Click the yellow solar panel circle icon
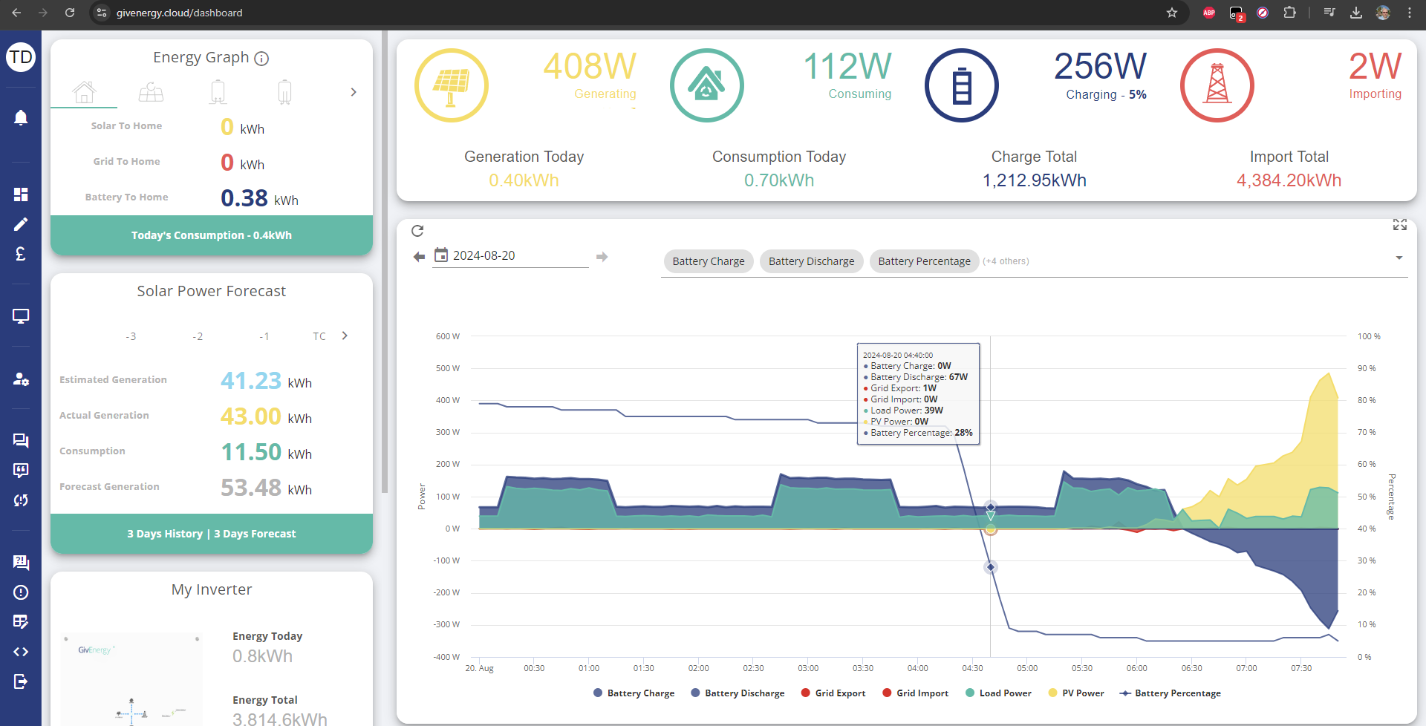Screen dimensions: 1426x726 click(x=451, y=85)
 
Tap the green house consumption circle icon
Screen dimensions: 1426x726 click(x=706, y=85)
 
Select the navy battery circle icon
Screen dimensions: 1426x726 click(x=961, y=85)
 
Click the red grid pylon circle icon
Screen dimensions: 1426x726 click(x=1217, y=85)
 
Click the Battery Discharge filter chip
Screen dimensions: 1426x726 click(x=811, y=261)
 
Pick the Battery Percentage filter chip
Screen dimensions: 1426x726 click(x=924, y=261)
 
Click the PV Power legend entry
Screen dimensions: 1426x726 click(x=1076, y=693)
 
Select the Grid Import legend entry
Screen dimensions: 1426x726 click(x=915, y=693)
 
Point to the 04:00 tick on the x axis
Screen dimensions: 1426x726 click(x=918, y=668)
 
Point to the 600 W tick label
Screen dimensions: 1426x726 click(x=448, y=336)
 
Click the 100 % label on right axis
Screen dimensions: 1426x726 click(x=1369, y=336)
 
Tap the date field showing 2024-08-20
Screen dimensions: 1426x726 click(x=512, y=255)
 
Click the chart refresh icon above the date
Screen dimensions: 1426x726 click(x=417, y=231)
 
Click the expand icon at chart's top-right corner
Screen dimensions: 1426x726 click(x=1400, y=225)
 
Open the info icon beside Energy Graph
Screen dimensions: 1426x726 click(x=261, y=59)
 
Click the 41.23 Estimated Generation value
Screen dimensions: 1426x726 click(x=251, y=381)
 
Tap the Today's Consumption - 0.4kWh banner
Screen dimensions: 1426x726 click(x=212, y=235)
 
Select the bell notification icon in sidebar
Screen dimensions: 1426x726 click(x=21, y=117)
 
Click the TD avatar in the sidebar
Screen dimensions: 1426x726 click(x=21, y=57)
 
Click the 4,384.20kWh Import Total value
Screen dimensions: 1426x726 click(x=1289, y=180)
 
